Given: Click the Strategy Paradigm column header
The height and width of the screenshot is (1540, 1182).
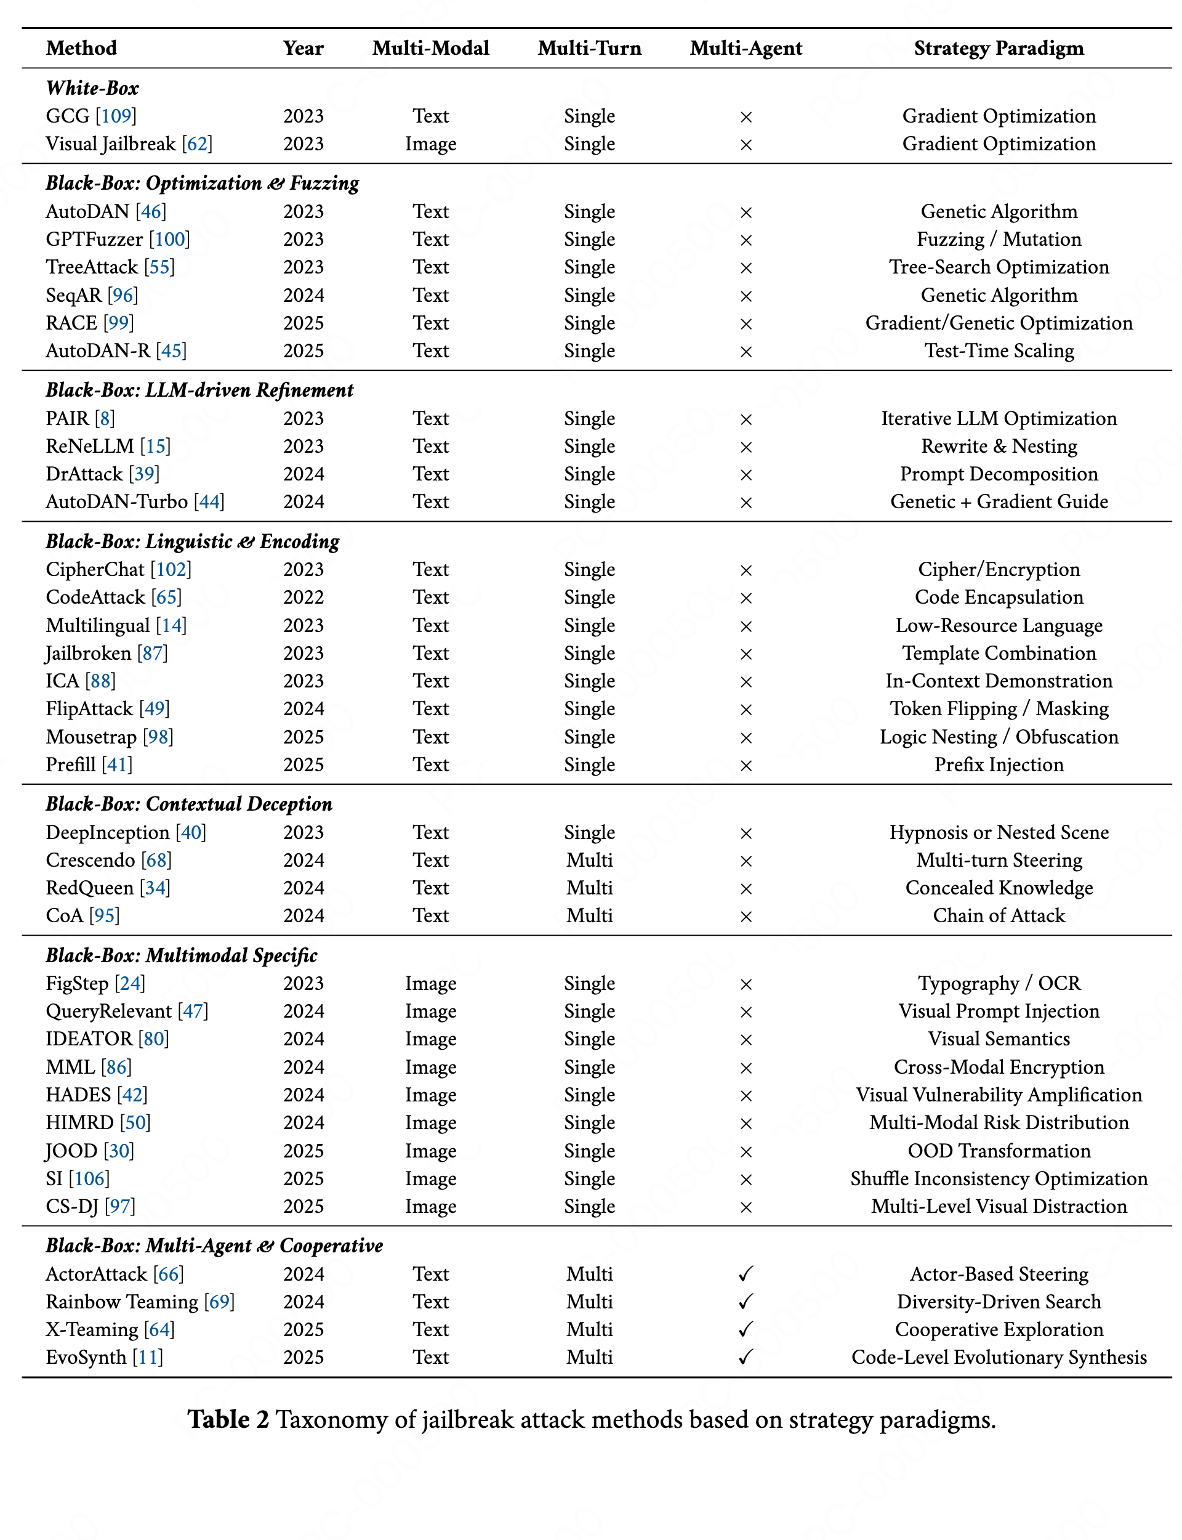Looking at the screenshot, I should (x=999, y=49).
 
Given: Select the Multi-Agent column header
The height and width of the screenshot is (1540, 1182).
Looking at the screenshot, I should (x=746, y=49).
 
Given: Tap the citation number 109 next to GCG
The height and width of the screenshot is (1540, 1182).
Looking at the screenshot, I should (x=116, y=116).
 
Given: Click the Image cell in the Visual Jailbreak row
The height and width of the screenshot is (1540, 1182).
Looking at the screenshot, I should (x=430, y=144).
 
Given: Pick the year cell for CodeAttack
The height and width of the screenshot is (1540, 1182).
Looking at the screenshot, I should (x=304, y=598).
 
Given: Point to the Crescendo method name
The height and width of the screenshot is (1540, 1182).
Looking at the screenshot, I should (x=90, y=860).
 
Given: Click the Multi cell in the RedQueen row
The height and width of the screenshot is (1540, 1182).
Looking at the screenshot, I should (x=590, y=888).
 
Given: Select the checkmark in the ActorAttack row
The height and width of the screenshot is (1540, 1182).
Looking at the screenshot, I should (x=746, y=1274).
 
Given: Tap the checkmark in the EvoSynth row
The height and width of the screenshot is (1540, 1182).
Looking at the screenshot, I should (x=746, y=1357).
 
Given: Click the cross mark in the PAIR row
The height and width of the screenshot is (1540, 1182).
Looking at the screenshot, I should (x=746, y=419).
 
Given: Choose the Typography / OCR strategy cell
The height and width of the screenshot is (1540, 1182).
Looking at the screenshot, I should (x=999, y=983).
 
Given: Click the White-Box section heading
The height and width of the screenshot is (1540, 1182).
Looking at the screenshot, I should (x=92, y=88).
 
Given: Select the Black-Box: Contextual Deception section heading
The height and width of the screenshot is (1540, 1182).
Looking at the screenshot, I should (x=188, y=804).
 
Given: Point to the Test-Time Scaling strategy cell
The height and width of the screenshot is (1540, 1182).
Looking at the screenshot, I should (x=999, y=351).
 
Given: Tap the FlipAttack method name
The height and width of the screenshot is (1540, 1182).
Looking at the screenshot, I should (x=89, y=709).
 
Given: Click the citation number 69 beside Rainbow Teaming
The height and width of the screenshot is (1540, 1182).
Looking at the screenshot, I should (x=219, y=1302).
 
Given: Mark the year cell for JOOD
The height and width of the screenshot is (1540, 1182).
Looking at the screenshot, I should (x=304, y=1151).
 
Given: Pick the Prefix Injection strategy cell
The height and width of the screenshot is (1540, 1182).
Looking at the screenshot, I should (x=999, y=765).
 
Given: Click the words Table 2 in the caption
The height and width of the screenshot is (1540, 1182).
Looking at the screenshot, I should (x=228, y=1420).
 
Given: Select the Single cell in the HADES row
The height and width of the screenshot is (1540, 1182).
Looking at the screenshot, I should (x=590, y=1095).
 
